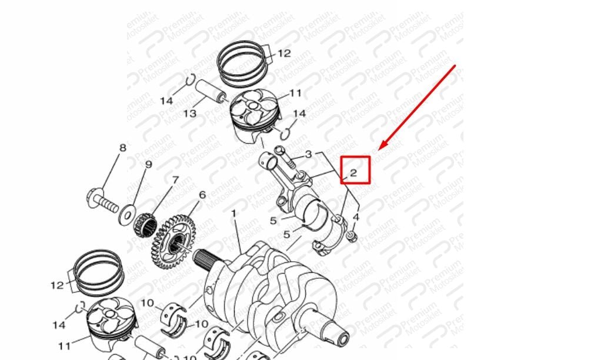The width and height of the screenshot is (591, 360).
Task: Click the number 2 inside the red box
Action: tap(353, 173)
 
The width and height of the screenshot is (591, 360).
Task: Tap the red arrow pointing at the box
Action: tap(417, 108)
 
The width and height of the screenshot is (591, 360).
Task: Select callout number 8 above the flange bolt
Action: tap(123, 148)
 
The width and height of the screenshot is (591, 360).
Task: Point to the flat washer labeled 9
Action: tap(128, 215)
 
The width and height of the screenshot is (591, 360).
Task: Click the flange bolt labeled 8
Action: tap(102, 202)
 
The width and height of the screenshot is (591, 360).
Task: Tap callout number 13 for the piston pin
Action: tap(190, 113)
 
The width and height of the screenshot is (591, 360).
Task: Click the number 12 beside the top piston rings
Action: tap(284, 54)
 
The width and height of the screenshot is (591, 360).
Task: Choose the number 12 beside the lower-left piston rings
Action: tap(57, 285)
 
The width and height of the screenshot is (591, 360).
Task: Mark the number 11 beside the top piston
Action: tap(295, 93)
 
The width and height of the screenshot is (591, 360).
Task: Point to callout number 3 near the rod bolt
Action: tap(309, 154)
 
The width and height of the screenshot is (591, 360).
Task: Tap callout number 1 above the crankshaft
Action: tap(233, 214)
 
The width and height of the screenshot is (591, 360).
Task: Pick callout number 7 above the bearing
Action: tap(175, 180)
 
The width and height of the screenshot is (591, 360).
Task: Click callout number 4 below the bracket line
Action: tap(355, 217)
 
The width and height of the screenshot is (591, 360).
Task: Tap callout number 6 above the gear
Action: tap(202, 195)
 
